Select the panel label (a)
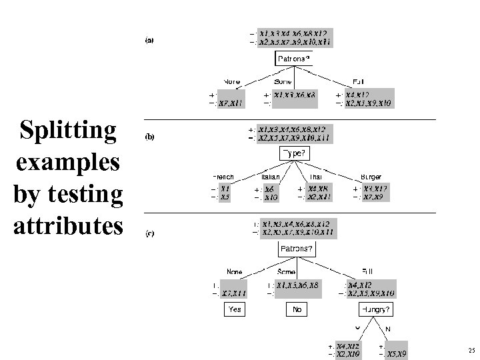coord(150,41)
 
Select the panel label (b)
coord(150,137)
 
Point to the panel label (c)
coord(150,234)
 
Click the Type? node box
coord(293,154)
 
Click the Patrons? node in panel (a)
coord(293,58)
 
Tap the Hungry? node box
coord(375,309)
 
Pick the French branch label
coord(223,177)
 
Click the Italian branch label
coord(269,177)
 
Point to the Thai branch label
coord(315,177)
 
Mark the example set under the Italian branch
coord(270,193)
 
